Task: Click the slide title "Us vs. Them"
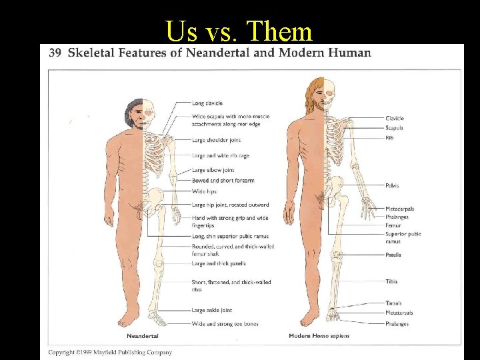pos(239,31)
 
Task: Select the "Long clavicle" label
pos(207,103)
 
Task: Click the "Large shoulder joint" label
pos(216,140)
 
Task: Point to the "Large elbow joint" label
pos(213,170)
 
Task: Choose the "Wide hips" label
pos(204,191)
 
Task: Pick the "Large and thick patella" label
pos(219,263)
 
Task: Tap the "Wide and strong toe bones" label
pos(225,324)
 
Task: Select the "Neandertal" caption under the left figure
pos(143,336)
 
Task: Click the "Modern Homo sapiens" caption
pos(319,336)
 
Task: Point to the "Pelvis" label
pos(392,185)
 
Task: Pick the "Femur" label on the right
pos(393,225)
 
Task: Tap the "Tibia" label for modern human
pos(391,281)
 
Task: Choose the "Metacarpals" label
pos(399,209)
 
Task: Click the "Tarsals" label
pos(393,304)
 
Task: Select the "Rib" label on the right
pos(389,137)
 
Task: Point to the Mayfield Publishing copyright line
pos(110,352)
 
